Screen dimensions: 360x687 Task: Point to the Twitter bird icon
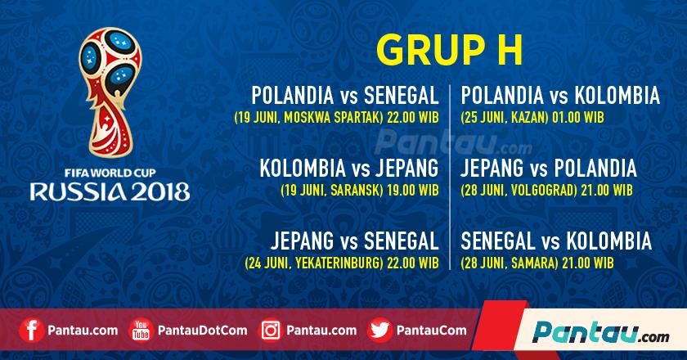(378, 331)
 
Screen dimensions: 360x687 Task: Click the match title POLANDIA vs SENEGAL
(347, 95)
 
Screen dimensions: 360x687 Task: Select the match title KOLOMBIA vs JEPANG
(350, 169)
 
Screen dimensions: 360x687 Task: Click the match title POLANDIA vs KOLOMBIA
(560, 95)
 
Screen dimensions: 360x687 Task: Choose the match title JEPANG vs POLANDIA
(549, 169)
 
